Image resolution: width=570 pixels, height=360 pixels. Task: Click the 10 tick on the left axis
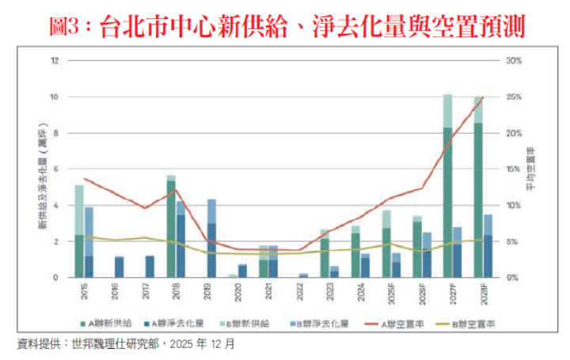(54, 97)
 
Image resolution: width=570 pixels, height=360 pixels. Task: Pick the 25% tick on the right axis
(513, 97)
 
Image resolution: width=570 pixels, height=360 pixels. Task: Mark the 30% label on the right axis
(513, 61)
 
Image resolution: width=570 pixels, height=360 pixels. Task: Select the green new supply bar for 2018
(171, 229)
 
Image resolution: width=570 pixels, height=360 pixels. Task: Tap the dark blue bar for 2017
(150, 267)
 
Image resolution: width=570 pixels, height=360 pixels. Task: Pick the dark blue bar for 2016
(119, 267)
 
